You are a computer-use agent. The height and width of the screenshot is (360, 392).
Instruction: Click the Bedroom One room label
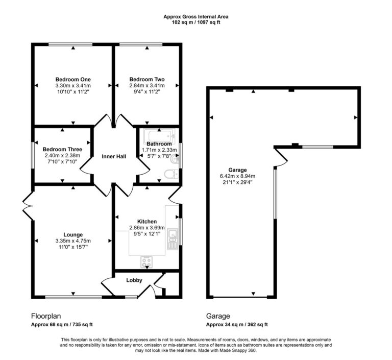[73, 80]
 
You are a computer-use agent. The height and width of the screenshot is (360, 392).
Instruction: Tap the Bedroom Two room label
[147, 80]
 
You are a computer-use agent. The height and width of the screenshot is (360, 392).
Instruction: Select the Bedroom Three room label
[62, 144]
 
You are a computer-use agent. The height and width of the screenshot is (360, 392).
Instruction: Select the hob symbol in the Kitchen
[147, 262]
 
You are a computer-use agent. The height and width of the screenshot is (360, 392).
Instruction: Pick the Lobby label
[134, 280]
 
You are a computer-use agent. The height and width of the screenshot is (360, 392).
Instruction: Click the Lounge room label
[73, 235]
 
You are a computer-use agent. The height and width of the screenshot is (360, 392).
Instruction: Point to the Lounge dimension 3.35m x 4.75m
[73, 241]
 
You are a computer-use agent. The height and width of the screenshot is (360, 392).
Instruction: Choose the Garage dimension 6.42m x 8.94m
[237, 176]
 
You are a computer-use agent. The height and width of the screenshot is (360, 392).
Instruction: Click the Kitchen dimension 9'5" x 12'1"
[147, 233]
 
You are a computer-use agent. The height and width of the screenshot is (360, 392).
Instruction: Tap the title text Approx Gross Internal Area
[196, 17]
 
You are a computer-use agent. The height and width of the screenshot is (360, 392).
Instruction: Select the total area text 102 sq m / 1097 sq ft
[196, 23]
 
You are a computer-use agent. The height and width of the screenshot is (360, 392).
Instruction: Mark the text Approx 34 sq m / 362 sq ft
[237, 325]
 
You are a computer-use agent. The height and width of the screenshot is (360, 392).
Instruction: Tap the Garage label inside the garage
[237, 170]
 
